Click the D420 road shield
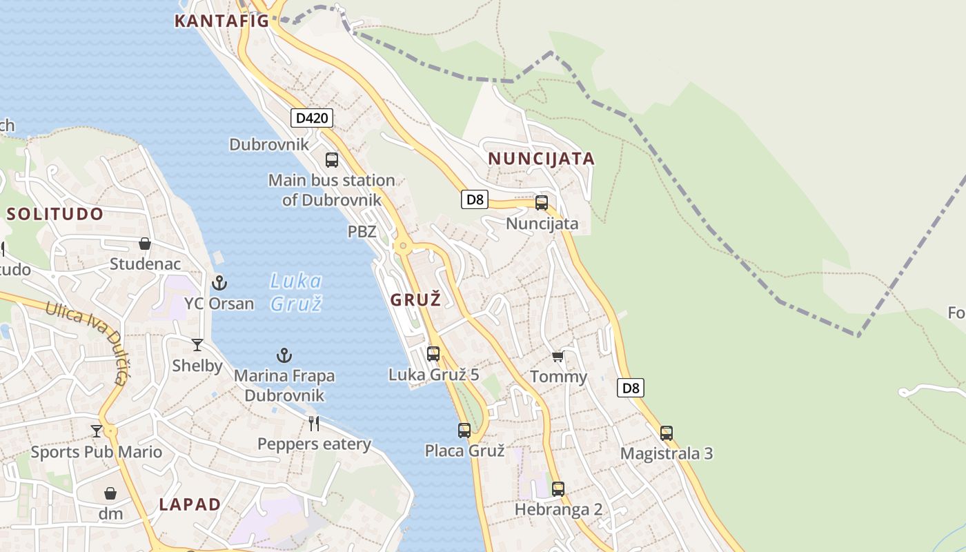tap(312, 118)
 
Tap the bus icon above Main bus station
tap(332, 160)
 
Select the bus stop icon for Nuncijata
tap(542, 203)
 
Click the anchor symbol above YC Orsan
tap(219, 282)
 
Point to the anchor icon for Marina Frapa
tap(284, 355)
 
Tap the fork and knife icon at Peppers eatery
tap(314, 423)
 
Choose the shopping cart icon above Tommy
tap(558, 356)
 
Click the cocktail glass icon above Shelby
tap(197, 344)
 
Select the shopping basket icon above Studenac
tap(145, 244)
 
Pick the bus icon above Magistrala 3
tap(667, 433)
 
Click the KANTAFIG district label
tap(221, 21)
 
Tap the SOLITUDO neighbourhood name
tap(55, 214)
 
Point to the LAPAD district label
tap(190, 504)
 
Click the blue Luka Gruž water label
tap(296, 292)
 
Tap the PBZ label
tap(362, 232)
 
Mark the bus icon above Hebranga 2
tap(558, 489)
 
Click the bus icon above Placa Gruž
tap(464, 431)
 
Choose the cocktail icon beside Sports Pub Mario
tap(97, 431)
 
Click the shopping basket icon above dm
tap(110, 493)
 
